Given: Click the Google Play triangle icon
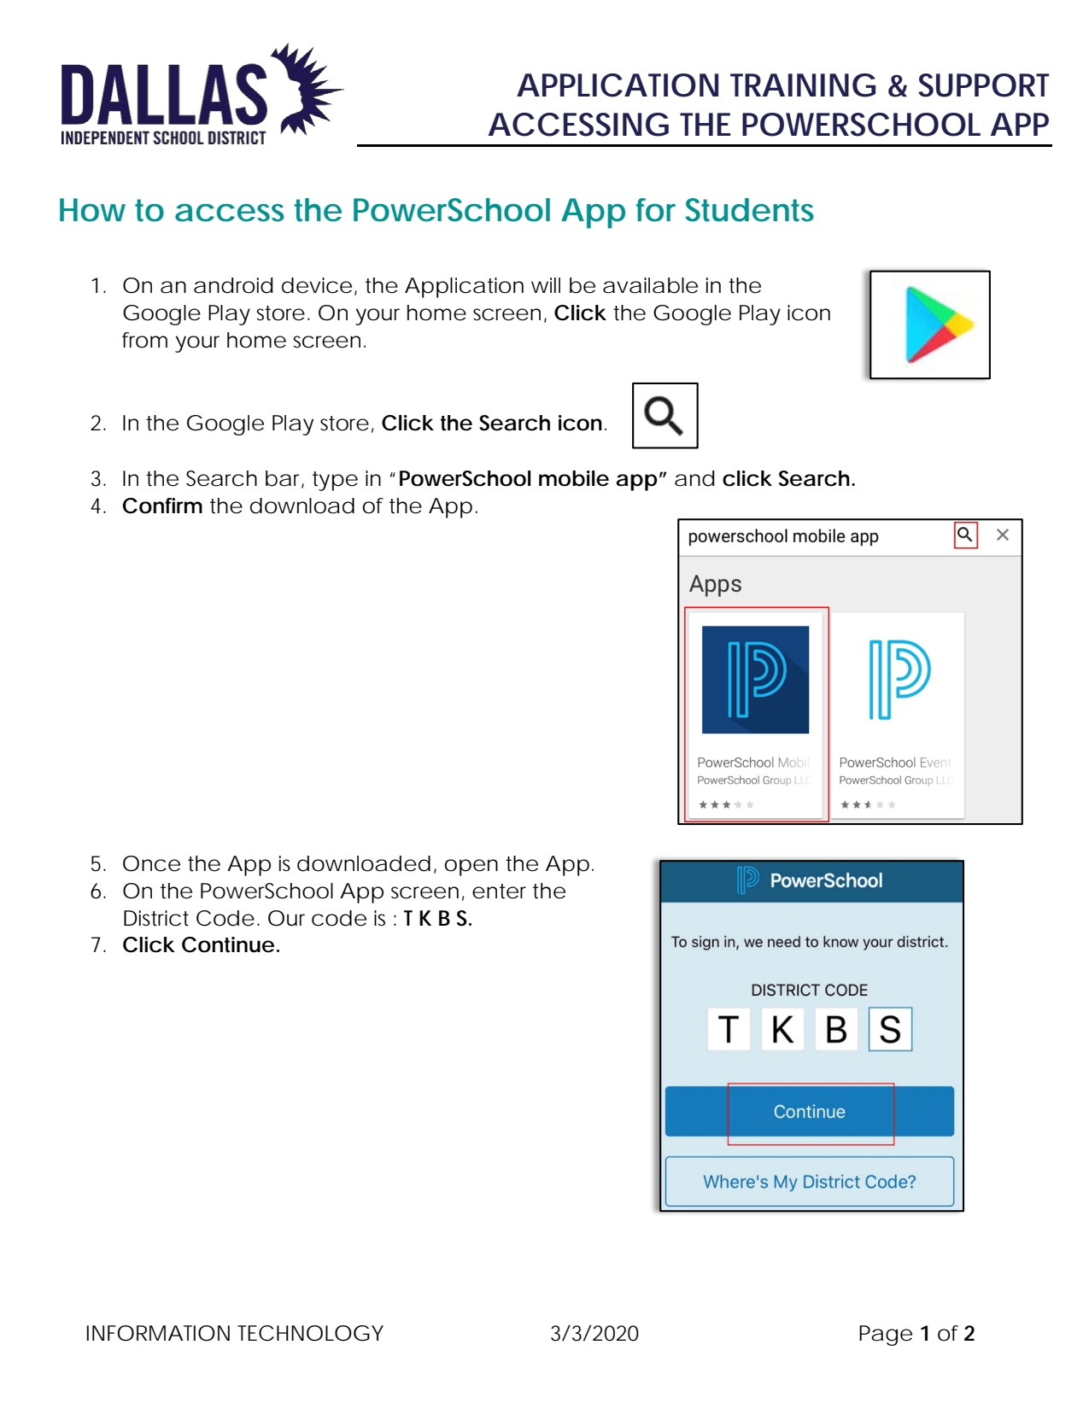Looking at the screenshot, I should pyautogui.click(x=934, y=324).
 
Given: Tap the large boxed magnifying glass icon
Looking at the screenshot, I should pyautogui.click(x=665, y=416).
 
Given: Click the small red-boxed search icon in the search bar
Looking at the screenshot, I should pyautogui.click(x=965, y=535).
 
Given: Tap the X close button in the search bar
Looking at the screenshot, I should pyautogui.click(x=1003, y=535).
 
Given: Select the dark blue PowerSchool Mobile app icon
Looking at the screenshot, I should pyautogui.click(x=755, y=680).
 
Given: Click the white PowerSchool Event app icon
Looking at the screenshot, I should pyautogui.click(x=898, y=680).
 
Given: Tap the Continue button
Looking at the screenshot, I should pyautogui.click(x=809, y=1111).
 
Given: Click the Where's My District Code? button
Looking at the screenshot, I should pyautogui.click(x=809, y=1182).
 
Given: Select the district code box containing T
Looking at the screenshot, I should pyautogui.click(x=729, y=1029).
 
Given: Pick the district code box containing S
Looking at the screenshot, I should pyautogui.click(x=890, y=1029).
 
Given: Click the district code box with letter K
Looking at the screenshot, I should pyautogui.click(x=782, y=1029).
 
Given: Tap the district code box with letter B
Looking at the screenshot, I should pyautogui.click(x=836, y=1029).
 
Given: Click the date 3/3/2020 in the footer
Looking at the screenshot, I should pyautogui.click(x=594, y=1333).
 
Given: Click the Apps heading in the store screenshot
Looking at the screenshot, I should pyautogui.click(x=715, y=584).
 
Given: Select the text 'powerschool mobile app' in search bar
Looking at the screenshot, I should pyautogui.click(x=782, y=536).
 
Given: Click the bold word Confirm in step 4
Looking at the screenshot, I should pyautogui.click(x=162, y=506).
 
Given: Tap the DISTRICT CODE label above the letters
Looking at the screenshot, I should pyautogui.click(x=809, y=990).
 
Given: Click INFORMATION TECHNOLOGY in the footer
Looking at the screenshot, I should pyautogui.click(x=234, y=1333).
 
